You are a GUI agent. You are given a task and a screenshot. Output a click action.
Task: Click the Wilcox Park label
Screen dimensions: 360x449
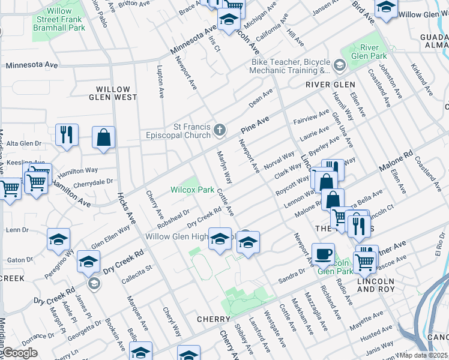[x=192, y=190]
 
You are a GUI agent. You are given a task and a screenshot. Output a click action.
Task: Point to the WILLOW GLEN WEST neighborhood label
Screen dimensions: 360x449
[x=113, y=93]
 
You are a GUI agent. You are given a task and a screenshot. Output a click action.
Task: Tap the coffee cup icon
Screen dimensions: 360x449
[x=323, y=253]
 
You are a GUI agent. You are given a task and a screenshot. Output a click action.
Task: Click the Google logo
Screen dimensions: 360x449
[x=20, y=353]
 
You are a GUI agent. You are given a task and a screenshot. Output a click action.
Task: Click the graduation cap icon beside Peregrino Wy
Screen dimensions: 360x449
[x=58, y=239]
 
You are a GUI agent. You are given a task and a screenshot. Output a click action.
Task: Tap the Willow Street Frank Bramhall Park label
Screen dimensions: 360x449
[x=59, y=19]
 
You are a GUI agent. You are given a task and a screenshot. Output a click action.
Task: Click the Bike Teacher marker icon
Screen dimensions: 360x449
[x=340, y=64]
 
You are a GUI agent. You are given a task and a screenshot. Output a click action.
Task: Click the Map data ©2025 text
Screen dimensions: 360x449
[x=424, y=355]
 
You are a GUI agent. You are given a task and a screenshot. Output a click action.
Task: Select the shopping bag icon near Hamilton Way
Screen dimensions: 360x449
[x=104, y=137]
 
